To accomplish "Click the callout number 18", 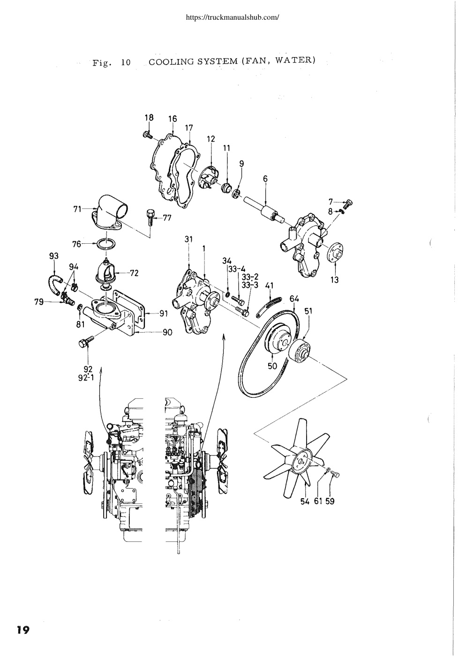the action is tap(149, 118).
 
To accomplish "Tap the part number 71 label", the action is tap(77, 209).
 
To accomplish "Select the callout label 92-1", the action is tap(86, 377).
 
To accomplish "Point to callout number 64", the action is tap(294, 299).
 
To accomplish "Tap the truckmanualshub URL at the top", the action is tap(233, 18).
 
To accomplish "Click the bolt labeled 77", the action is tap(150, 217).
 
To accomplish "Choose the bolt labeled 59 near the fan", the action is tap(335, 473).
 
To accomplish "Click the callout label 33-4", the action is tap(237, 269).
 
